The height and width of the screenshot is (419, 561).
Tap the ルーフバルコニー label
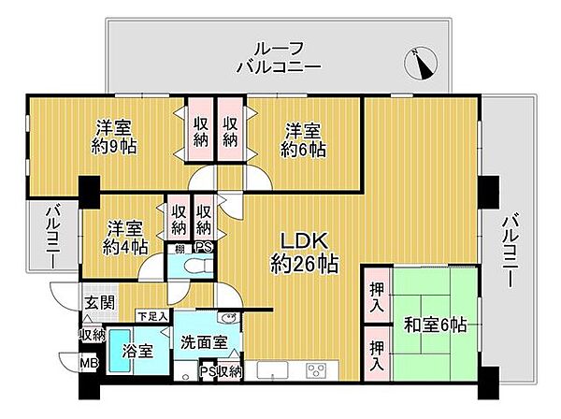coord(279,58)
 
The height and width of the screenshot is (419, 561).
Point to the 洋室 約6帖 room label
coord(306,138)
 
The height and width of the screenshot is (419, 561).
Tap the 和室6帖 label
coord(436,325)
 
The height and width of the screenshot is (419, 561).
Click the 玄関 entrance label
coord(97,301)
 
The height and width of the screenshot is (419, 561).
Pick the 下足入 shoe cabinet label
coord(151,316)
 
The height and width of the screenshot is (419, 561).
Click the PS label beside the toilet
coord(201,248)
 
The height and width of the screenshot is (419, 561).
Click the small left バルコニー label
coord(52,238)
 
